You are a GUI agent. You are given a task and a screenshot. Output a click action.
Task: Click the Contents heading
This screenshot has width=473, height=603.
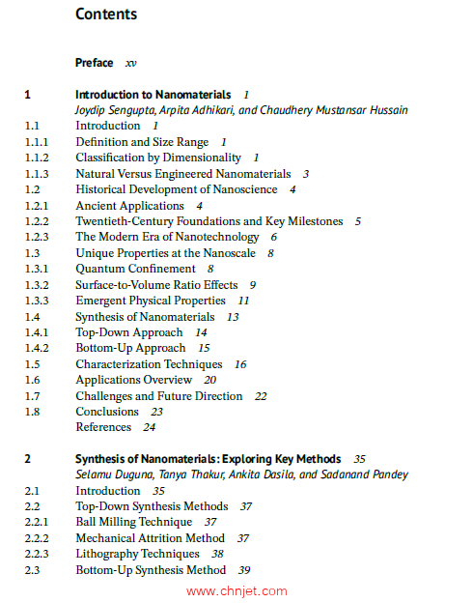tap(106, 14)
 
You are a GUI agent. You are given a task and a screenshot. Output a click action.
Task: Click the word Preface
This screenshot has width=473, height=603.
tap(94, 63)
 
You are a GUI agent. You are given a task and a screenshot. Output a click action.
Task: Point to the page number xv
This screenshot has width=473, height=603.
tap(130, 63)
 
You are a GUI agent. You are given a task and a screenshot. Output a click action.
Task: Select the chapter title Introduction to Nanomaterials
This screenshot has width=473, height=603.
tap(153, 95)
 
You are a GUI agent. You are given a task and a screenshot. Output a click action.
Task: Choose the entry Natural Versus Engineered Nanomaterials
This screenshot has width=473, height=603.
tap(183, 174)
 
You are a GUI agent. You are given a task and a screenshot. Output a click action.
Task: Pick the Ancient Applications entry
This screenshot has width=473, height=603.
tap(129, 206)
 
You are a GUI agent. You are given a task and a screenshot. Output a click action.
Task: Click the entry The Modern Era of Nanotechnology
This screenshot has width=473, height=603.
tap(167, 237)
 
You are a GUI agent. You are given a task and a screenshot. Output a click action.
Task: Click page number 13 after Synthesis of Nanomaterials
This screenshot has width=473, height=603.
tap(233, 317)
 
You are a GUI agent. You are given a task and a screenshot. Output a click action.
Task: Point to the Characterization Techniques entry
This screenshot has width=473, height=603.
tap(149, 364)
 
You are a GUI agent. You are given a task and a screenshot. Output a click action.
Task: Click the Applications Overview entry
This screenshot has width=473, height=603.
tap(133, 380)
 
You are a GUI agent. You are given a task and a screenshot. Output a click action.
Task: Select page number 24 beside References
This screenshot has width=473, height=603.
tap(149, 427)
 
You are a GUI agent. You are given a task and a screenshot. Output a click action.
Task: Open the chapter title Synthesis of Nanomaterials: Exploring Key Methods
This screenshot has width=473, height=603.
tap(208, 459)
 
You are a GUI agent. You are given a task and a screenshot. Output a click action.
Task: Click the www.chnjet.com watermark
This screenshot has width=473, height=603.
tap(236, 590)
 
